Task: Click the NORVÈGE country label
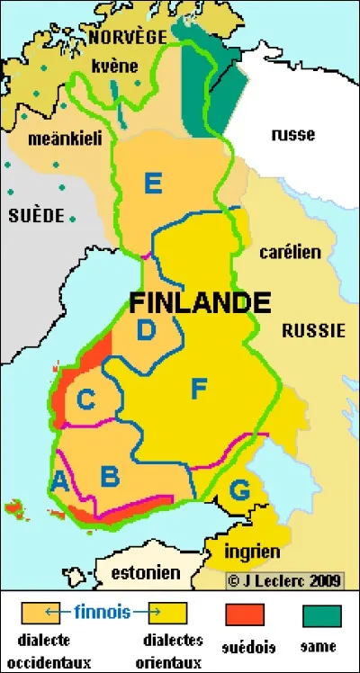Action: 127,37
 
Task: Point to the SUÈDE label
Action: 37,216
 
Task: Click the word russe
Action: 292,135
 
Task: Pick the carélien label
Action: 290,253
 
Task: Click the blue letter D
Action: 146,331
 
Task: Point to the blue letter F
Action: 199,390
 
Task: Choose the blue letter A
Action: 60,481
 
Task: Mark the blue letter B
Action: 110,475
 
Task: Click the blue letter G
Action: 239,491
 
